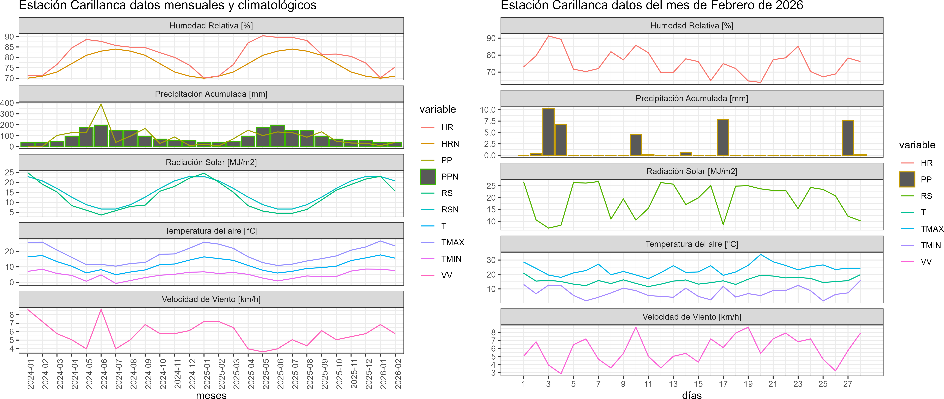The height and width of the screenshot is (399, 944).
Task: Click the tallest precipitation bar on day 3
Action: tap(548, 132)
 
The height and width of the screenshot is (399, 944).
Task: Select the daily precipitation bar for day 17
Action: tap(723, 137)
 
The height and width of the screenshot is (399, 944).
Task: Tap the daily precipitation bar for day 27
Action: tap(848, 138)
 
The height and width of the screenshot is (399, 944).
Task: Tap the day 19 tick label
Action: tap(748, 384)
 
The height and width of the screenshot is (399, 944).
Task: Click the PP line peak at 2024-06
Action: tap(101, 105)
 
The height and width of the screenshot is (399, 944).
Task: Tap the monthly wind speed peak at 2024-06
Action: tap(101, 310)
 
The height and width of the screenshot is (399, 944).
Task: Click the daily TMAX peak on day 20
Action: tap(760, 255)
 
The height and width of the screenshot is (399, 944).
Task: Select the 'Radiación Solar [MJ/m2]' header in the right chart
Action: tap(692, 171)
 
